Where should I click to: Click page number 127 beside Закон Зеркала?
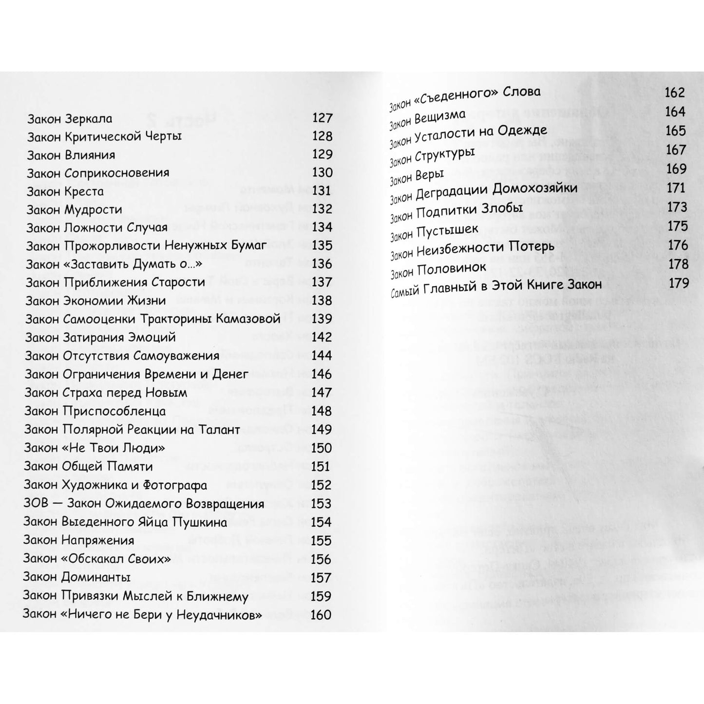pos(322,118)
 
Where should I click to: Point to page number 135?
pos(322,246)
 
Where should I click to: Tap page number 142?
pos(322,337)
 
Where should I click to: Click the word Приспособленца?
pos(114,411)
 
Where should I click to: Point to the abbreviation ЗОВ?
pos(37,503)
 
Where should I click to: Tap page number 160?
pos(321,615)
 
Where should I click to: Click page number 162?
pos(675,93)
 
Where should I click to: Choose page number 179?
pos(678,283)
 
